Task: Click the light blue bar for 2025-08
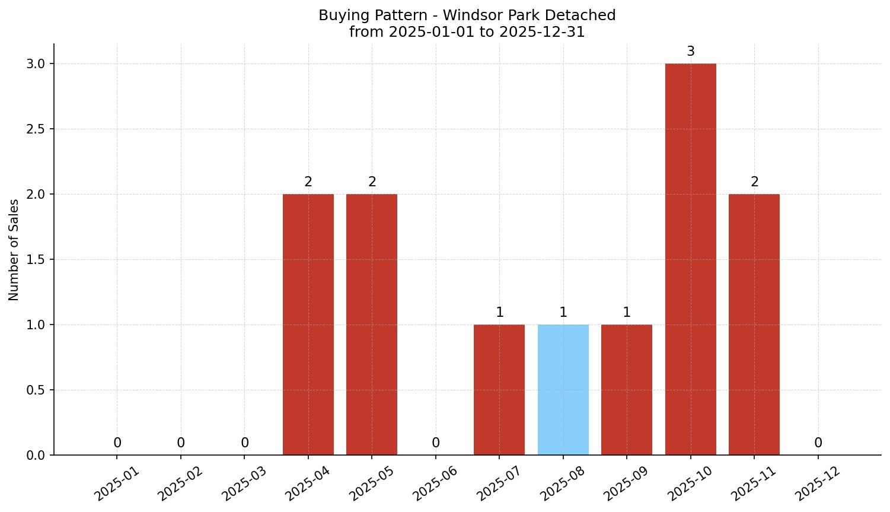(x=563, y=390)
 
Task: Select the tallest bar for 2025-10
(x=690, y=259)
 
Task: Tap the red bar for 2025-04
(x=308, y=325)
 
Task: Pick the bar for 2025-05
(x=372, y=325)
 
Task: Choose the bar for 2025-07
(x=499, y=390)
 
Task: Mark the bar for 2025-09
(x=627, y=390)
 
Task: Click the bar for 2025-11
(x=754, y=325)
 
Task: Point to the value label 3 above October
(x=690, y=52)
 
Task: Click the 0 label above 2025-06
(x=436, y=443)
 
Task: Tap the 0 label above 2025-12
(x=818, y=443)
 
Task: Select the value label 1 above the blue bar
(x=563, y=312)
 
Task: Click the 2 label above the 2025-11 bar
(x=754, y=182)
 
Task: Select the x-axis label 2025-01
(x=117, y=484)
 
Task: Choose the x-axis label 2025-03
(x=244, y=484)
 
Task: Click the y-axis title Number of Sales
(x=14, y=249)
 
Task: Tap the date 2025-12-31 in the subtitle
(x=542, y=32)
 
